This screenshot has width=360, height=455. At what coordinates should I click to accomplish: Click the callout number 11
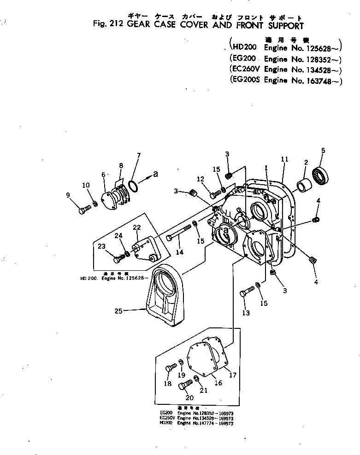coord(284,159)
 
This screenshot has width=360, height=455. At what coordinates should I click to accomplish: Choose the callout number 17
coord(233,375)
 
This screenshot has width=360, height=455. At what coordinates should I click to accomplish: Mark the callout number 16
coord(218,383)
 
